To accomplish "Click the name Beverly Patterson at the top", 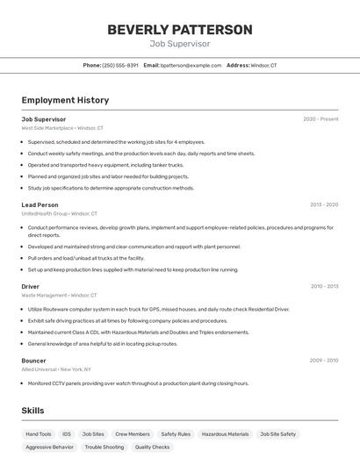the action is [x=180, y=30].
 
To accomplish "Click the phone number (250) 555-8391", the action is [x=120, y=65].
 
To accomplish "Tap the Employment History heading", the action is [x=65, y=100].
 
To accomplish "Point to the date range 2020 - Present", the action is [x=320, y=119].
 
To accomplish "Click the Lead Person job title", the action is [x=40, y=204].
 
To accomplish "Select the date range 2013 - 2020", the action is [x=323, y=204].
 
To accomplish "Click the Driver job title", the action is [x=31, y=286].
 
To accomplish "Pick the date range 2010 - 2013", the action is [x=324, y=286].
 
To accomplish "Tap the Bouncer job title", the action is [x=34, y=361].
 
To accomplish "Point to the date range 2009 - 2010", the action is [x=324, y=361].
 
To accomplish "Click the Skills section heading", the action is [x=32, y=411].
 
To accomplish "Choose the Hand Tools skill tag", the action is [x=39, y=434].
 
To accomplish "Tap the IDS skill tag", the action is [x=67, y=434].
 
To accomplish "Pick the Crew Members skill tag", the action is [x=133, y=434].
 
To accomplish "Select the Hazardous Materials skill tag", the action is [x=224, y=434].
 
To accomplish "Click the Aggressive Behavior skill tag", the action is [x=50, y=447].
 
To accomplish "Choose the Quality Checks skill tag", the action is [x=152, y=447].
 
